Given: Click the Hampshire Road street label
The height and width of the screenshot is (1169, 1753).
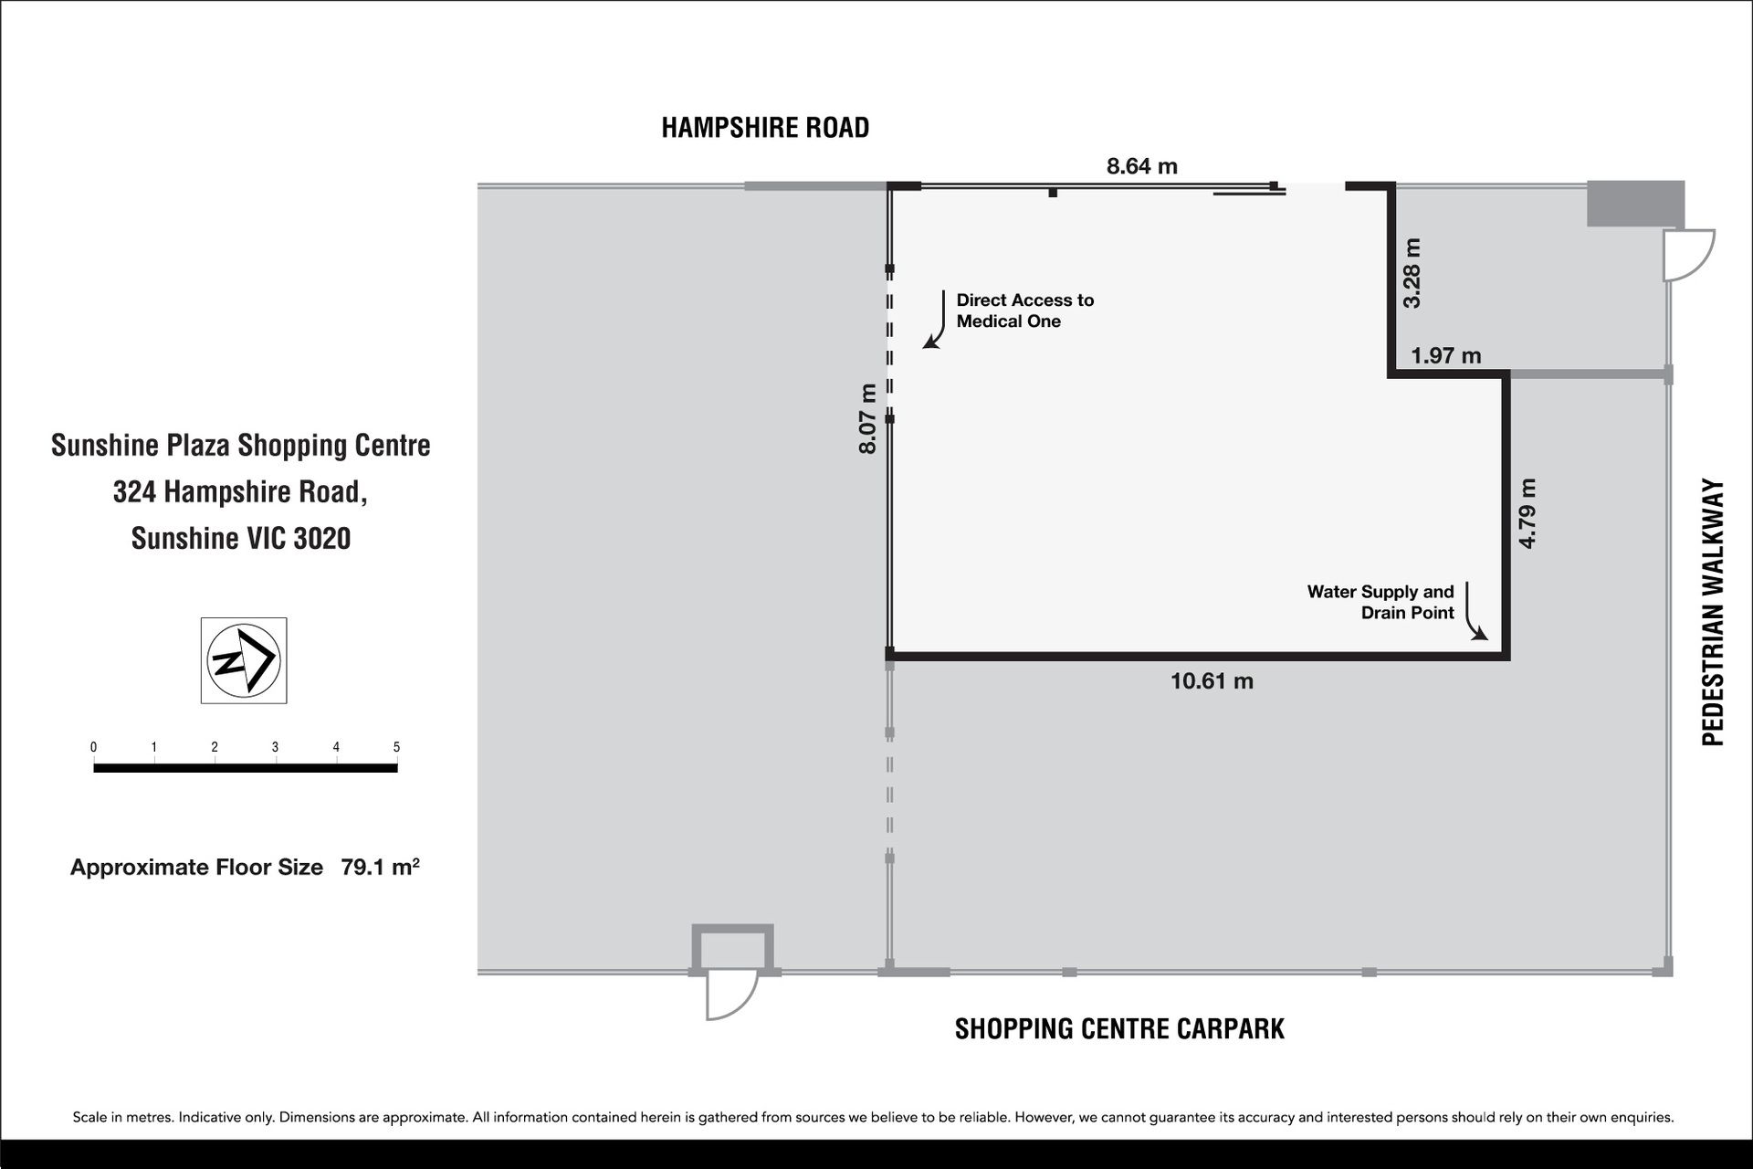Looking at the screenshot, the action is pos(765,128).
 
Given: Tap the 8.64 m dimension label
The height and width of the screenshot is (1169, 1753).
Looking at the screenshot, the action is pos(1142,166).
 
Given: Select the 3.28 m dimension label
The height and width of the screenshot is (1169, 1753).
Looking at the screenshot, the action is pos(1412,273).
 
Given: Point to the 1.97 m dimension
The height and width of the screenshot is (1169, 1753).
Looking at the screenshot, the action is pos(1446,355).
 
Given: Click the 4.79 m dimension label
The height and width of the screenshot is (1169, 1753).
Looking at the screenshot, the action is pos(1527,513).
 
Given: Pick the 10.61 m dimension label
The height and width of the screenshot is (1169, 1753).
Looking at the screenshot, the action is pos(1212,681).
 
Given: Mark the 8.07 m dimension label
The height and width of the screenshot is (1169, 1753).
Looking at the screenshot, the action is pos(867,418).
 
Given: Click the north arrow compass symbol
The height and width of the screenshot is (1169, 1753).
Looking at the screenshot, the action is pos(244,660).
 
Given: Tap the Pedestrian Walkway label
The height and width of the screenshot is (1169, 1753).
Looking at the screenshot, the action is pos(1713,613).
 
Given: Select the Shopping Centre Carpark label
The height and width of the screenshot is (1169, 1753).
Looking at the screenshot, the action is pos(1119,1029).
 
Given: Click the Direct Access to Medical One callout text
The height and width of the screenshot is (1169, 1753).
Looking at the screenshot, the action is pos(1025,311).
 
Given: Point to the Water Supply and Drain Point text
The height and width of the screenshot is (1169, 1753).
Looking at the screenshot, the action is pos(1380,602).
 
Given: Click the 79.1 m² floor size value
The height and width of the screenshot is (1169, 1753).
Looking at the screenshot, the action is pos(380,867).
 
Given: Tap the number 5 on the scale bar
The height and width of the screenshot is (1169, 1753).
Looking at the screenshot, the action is pos(396,747).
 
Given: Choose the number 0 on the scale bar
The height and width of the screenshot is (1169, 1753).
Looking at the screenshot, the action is pos(93,747).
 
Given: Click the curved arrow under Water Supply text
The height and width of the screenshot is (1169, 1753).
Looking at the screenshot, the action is pos(1474,612).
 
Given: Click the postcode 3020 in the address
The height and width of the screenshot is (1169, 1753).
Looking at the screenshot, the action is pos(322,539).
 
